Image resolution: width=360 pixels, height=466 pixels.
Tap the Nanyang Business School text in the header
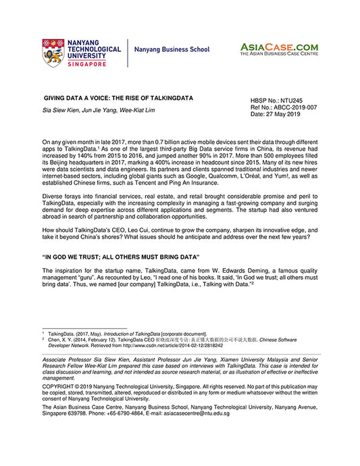click(x=172, y=50)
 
